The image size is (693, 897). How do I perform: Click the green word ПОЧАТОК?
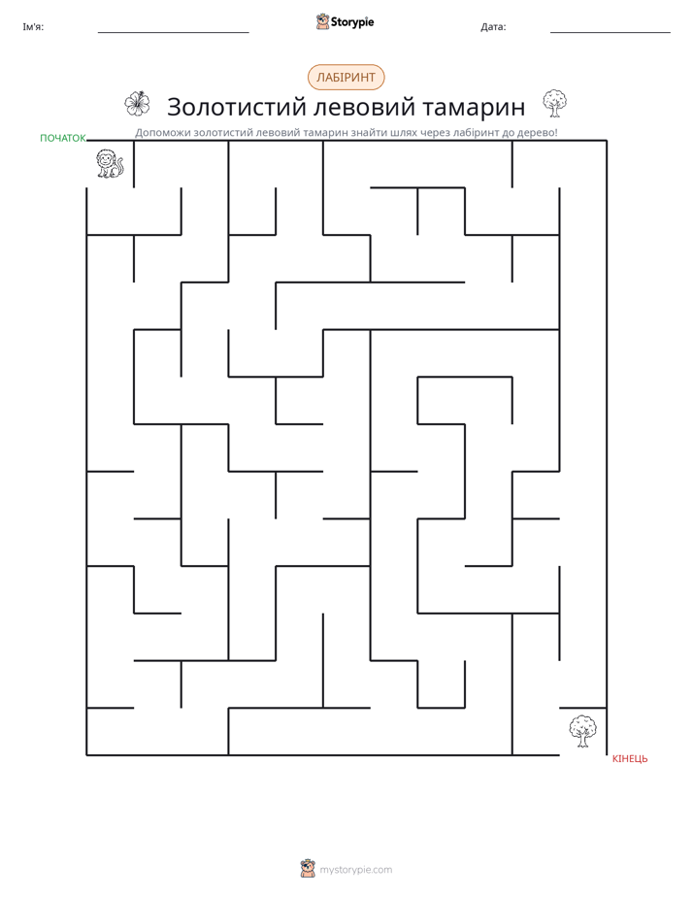click(63, 138)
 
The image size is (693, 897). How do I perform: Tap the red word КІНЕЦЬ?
click(630, 758)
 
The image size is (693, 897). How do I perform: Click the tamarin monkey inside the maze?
click(110, 164)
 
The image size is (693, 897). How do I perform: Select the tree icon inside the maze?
click(582, 731)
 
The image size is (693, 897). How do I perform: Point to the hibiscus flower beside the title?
click(137, 104)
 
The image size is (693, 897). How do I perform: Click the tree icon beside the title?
click(554, 104)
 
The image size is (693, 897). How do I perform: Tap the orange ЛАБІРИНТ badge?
click(346, 78)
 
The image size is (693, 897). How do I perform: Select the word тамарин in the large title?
click(474, 108)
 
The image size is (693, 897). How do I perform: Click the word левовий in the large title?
click(364, 108)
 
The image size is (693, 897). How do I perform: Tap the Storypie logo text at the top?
click(352, 22)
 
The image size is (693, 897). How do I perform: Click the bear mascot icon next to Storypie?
click(322, 21)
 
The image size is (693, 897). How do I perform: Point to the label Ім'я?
click(33, 27)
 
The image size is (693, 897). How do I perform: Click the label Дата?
click(493, 27)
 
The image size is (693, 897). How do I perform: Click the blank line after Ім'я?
click(173, 33)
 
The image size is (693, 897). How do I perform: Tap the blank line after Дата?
click(610, 33)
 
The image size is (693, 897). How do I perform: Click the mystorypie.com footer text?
click(355, 870)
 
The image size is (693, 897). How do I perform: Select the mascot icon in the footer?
click(308, 869)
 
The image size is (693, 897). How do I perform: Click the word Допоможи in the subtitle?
click(162, 133)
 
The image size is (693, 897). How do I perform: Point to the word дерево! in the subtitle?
click(538, 133)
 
